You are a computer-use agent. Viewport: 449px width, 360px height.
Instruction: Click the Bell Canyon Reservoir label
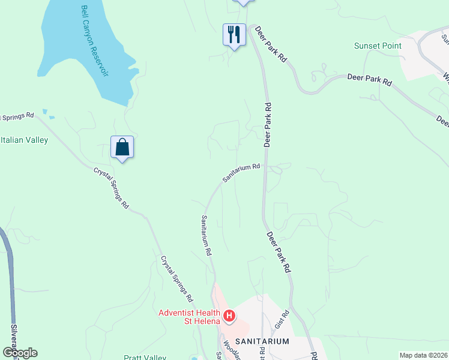click(x=95, y=41)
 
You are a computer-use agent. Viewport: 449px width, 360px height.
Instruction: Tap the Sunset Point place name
click(x=378, y=46)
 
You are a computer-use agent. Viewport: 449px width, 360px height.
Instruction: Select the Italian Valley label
click(x=24, y=140)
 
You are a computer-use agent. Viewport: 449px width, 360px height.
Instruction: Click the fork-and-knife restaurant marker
click(x=234, y=34)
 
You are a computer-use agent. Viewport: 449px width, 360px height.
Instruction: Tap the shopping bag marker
click(x=122, y=148)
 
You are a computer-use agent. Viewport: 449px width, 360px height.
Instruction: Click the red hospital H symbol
click(x=229, y=315)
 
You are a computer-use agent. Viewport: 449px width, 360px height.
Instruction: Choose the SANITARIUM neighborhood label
click(x=262, y=341)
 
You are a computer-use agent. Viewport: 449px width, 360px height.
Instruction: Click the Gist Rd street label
click(x=286, y=316)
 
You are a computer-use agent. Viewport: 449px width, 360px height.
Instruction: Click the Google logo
click(x=19, y=353)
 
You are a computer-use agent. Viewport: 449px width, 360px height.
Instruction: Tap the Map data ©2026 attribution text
click(x=423, y=355)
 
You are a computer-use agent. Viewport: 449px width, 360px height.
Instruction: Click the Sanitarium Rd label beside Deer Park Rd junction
click(x=241, y=173)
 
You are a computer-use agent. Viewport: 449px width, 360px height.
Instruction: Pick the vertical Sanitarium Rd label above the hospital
click(x=207, y=236)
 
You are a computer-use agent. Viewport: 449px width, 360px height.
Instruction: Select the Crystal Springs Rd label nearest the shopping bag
click(x=112, y=187)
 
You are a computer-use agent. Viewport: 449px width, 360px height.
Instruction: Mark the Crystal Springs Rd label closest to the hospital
click(x=176, y=279)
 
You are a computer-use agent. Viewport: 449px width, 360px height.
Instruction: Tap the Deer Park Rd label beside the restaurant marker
click(x=272, y=46)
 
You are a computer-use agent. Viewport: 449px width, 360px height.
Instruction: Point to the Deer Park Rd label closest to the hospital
click(x=279, y=253)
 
